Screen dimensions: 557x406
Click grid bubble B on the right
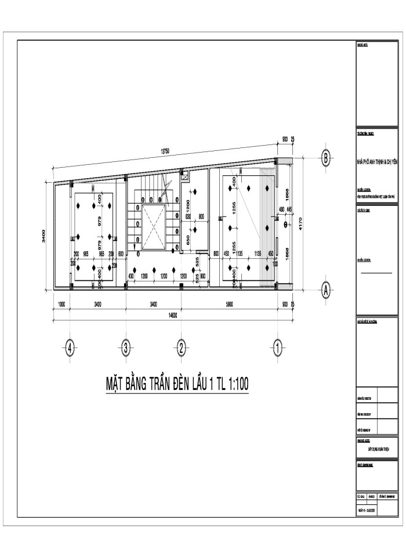(x=327, y=157)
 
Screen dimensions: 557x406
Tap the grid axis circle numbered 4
(x=70, y=349)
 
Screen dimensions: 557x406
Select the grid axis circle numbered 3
(x=126, y=349)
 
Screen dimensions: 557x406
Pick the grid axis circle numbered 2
(x=181, y=349)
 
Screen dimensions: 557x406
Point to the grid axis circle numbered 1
(x=278, y=349)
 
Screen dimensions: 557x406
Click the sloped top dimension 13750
(x=165, y=151)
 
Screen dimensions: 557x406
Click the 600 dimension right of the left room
(x=121, y=254)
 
